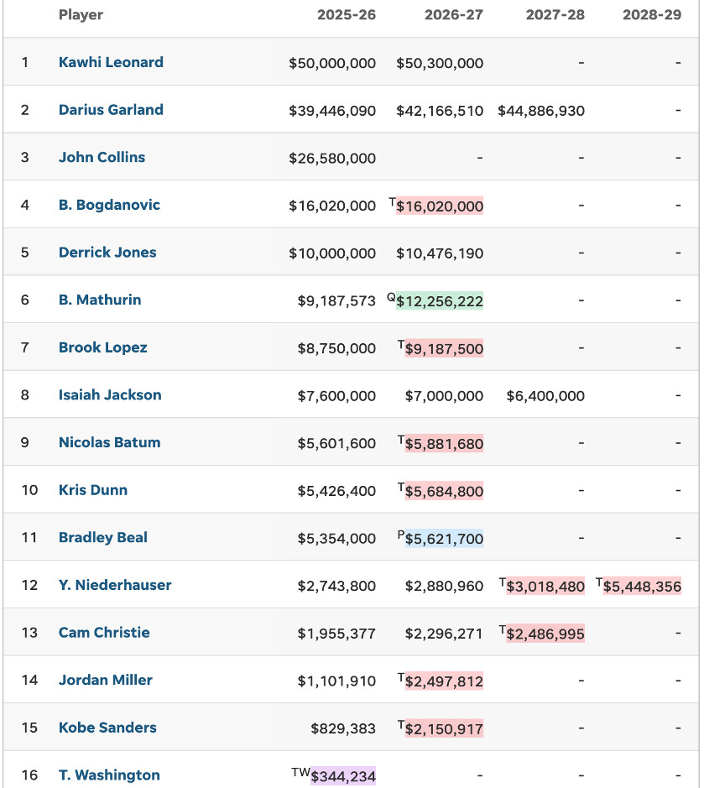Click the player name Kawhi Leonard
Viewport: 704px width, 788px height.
[111, 62]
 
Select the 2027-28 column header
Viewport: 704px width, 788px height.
[555, 15]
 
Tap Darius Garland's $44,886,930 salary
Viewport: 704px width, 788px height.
[541, 111]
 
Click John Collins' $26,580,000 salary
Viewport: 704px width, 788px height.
[332, 158]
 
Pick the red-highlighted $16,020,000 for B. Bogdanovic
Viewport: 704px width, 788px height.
[444, 206]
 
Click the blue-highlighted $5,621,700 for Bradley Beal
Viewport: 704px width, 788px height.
[444, 539]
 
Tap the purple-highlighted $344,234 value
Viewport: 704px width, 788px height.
[343, 776]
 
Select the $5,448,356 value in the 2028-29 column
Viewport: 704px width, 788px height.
[642, 586]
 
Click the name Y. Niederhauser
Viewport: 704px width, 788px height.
[115, 585]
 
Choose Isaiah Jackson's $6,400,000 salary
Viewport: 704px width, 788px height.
[545, 396]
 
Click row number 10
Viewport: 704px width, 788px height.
[29, 490]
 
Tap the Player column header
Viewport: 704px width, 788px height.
[81, 15]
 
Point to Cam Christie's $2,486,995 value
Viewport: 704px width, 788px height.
[545, 634]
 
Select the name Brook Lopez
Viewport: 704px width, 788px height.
[102, 347]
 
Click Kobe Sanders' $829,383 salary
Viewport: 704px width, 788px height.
[343, 728]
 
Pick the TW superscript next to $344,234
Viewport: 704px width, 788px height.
[300, 771]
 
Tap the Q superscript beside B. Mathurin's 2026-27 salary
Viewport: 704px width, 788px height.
[391, 296]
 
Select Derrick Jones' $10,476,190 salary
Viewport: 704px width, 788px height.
[440, 253]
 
